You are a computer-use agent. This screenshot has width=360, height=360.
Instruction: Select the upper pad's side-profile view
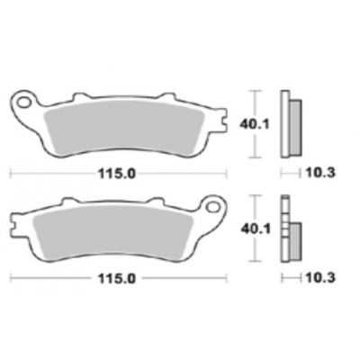tap(289, 123)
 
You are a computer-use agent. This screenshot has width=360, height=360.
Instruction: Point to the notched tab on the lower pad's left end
tap(16, 217)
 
